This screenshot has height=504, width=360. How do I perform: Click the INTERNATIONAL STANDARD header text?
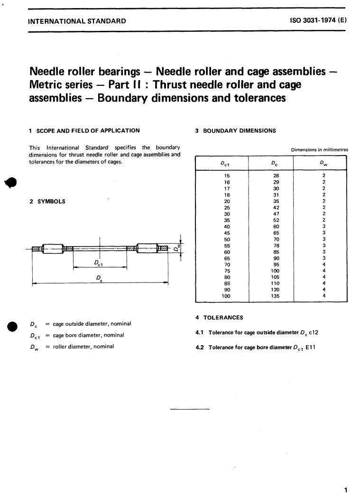click(77, 21)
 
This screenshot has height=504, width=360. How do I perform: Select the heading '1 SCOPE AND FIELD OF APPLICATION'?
click(84, 131)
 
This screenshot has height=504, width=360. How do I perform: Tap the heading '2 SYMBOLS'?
click(47, 202)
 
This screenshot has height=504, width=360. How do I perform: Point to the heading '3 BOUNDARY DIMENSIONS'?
click(235, 131)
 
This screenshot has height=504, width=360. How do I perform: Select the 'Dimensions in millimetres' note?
click(319, 150)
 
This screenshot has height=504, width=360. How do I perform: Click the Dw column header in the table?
click(323, 164)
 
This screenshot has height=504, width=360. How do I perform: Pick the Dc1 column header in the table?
click(226, 164)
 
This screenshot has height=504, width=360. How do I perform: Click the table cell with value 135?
click(275, 296)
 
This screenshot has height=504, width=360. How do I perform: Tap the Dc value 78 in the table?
click(276, 246)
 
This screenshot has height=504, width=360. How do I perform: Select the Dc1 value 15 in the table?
click(227, 175)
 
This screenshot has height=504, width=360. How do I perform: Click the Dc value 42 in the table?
click(276, 208)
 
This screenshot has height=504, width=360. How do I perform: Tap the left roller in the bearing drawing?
click(52, 248)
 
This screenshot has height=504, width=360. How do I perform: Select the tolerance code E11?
click(311, 348)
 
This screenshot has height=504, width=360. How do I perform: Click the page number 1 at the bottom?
click(347, 490)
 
